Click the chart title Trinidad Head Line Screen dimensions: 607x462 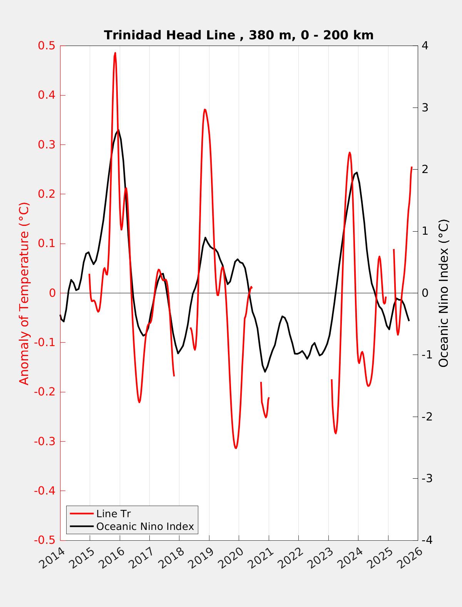239,35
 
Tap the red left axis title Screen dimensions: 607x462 24,293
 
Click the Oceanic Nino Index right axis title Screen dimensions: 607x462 444,293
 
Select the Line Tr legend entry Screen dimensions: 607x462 114,514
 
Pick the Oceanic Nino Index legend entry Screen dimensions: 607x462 145,526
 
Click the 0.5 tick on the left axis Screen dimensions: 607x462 47,46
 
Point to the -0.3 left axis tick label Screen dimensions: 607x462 45,441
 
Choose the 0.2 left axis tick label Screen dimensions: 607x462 47,194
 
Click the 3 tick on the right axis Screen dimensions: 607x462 425,108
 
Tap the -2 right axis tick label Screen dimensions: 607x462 427,417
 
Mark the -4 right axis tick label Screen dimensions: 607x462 427,540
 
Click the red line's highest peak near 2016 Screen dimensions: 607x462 115,53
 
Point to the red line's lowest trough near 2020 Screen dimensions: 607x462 236,448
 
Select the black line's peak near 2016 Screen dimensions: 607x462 118,129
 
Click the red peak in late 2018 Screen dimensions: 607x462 205,110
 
